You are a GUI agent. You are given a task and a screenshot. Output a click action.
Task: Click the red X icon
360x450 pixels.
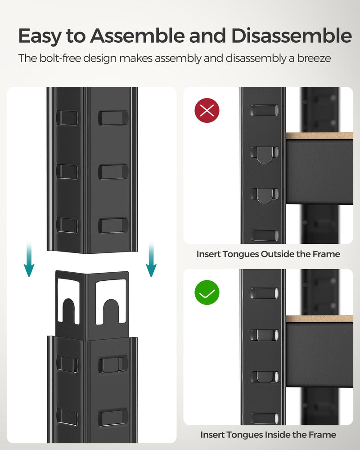[207, 110]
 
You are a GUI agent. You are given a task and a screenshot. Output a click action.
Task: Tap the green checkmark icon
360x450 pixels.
[207, 293]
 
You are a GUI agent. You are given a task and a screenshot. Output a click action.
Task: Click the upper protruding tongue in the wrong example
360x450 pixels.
[264, 154]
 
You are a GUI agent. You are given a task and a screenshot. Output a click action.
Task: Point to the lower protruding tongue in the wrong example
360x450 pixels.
[264, 195]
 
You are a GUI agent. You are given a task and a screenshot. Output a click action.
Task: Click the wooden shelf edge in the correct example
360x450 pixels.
[319, 319]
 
